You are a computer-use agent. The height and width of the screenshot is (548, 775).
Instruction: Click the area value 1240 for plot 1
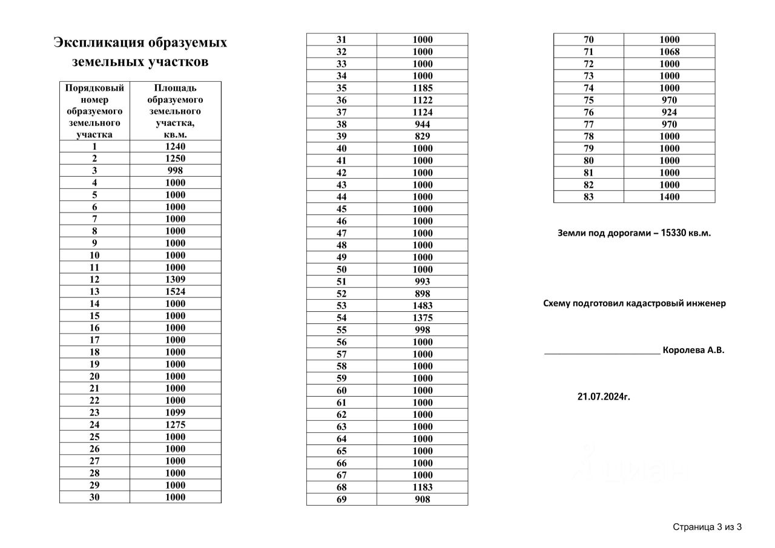point(175,147)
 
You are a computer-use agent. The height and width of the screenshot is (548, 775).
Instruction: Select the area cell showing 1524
point(175,292)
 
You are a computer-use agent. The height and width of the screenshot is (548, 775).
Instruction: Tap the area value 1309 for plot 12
point(175,280)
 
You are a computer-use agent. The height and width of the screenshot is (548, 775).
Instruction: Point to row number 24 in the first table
point(94,425)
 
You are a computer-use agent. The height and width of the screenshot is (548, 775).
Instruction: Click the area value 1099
point(175,413)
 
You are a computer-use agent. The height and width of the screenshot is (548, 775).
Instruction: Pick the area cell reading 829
point(423,136)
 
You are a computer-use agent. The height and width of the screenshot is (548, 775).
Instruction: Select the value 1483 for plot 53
point(423,306)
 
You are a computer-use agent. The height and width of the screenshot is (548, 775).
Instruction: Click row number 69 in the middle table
point(341,500)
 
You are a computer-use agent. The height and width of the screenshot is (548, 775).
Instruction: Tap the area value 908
point(423,500)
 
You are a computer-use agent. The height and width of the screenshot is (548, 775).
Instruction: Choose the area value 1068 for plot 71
point(669,51)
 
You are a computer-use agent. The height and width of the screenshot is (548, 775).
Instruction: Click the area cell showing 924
point(669,112)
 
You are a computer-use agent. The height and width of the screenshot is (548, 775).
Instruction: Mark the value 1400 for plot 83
point(669,197)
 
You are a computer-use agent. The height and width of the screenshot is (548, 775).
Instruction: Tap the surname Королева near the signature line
point(684,350)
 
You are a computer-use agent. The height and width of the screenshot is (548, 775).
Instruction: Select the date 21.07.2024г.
point(604,397)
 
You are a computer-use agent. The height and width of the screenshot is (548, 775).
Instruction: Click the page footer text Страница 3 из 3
point(707,527)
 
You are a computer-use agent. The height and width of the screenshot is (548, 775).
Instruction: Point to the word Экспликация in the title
point(99,43)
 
